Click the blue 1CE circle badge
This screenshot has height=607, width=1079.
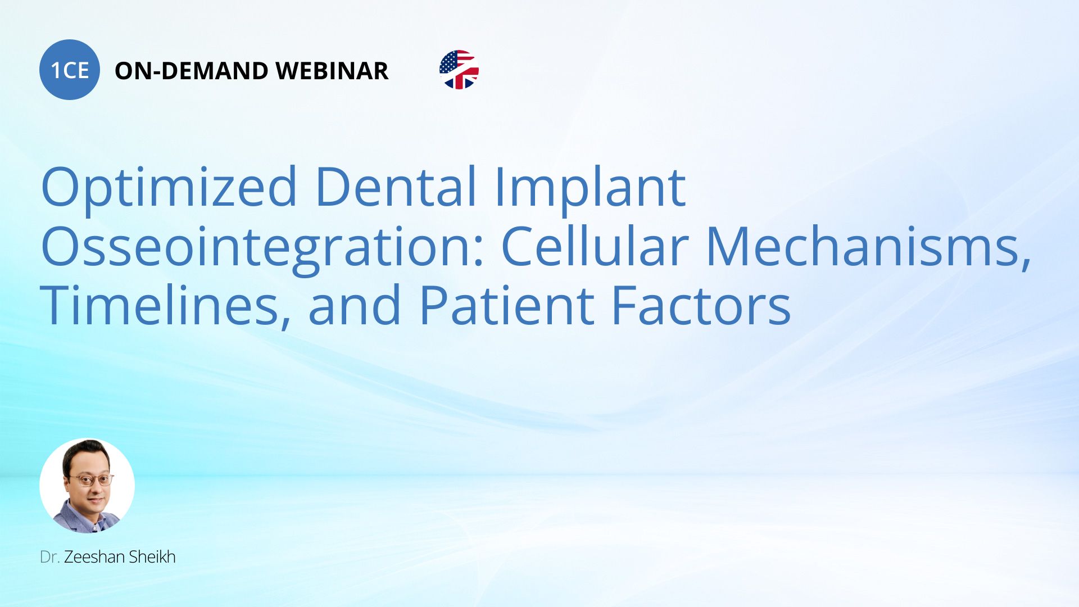click(x=70, y=70)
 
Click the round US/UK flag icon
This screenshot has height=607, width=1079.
click(x=459, y=70)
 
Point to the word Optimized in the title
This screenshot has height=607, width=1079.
click(x=169, y=187)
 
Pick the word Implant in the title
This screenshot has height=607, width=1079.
click(x=590, y=187)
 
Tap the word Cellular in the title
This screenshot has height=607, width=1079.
click(x=595, y=246)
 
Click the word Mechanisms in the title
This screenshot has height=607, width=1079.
click(x=868, y=247)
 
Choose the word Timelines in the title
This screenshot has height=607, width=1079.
click(x=166, y=306)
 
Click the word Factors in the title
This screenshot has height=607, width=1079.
click(x=701, y=306)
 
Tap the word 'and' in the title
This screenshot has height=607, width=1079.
click(x=355, y=306)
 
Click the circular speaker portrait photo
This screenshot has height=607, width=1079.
click(x=87, y=486)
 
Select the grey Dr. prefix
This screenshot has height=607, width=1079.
click(x=49, y=557)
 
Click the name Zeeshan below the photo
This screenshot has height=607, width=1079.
click(x=94, y=557)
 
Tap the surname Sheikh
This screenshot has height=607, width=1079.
click(x=152, y=557)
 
